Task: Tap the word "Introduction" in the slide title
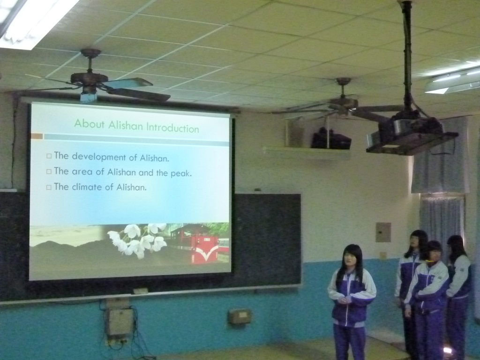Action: click(172, 128)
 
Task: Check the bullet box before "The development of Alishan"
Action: click(49, 156)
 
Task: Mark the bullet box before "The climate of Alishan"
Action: click(49, 187)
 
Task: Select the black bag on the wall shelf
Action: click(331, 139)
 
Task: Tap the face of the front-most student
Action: click(349, 259)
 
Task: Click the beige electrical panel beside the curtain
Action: click(383, 232)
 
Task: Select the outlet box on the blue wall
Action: click(240, 316)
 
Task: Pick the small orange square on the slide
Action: click(37, 136)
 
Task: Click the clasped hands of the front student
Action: click(344, 300)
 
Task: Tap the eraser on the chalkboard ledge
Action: click(141, 291)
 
